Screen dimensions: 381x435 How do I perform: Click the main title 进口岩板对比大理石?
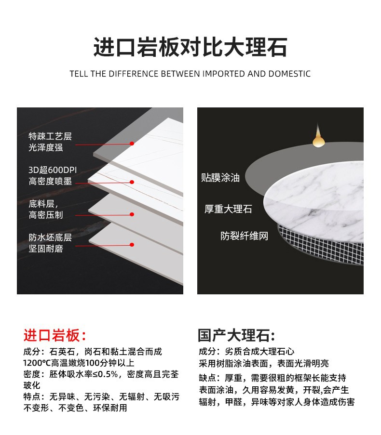click(190, 47)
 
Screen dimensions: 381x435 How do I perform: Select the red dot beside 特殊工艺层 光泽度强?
click(132, 144)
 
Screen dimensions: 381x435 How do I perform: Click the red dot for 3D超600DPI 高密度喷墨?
click(132, 182)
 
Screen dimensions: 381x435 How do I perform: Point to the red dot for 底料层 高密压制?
click(132, 214)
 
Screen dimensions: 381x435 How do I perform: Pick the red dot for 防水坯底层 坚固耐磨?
click(132, 245)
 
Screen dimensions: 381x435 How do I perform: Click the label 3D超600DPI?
click(53, 170)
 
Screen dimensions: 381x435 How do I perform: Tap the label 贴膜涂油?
click(220, 178)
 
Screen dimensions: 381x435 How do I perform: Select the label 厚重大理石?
click(228, 209)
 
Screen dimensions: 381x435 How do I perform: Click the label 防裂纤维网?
click(245, 236)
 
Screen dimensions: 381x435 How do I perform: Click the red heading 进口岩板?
click(54, 335)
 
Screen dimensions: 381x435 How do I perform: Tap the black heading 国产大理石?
click(236, 335)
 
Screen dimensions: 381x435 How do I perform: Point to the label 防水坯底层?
click(50, 237)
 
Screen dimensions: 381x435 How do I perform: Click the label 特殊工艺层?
click(50, 136)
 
